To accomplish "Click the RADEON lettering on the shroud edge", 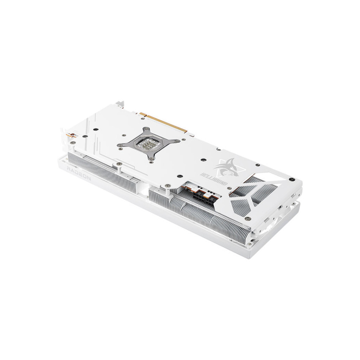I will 79,174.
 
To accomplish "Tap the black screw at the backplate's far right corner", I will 291,179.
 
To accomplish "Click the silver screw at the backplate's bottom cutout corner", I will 249,219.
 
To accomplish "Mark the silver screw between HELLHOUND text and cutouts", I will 230,188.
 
